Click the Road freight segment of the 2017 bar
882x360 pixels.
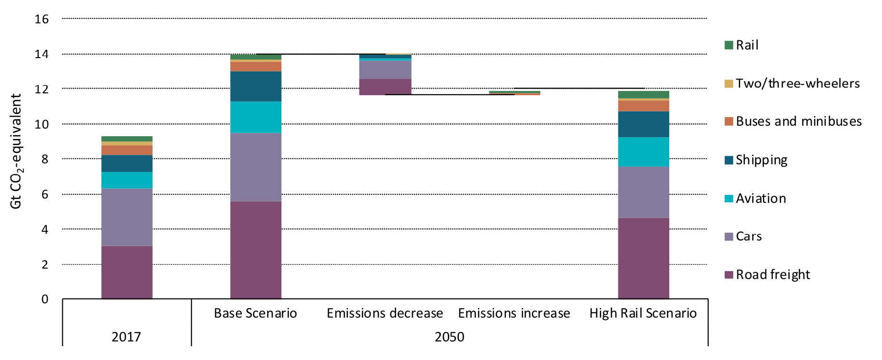(x=127, y=272)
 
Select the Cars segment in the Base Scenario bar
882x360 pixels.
(x=256, y=167)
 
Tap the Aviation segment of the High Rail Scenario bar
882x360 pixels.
(x=643, y=152)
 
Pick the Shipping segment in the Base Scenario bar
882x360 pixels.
(x=256, y=86)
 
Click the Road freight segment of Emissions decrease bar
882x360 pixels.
(x=385, y=87)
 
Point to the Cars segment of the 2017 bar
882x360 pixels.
(x=127, y=217)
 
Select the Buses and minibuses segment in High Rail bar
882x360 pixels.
(x=643, y=106)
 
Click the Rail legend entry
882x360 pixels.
(x=746, y=45)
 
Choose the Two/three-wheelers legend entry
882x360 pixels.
(x=797, y=84)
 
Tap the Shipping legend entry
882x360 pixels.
(x=761, y=160)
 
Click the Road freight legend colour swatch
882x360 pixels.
(x=729, y=275)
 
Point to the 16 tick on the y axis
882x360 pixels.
(x=42, y=19)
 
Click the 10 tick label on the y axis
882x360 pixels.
(x=42, y=124)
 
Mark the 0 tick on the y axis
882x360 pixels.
(x=45, y=300)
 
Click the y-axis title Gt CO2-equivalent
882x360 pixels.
(x=16, y=151)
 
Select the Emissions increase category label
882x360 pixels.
(x=514, y=313)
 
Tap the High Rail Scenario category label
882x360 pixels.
(x=643, y=313)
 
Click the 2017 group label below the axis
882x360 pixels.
(x=126, y=337)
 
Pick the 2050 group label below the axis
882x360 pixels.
(x=449, y=337)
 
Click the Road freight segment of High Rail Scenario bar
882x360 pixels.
(x=643, y=259)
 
